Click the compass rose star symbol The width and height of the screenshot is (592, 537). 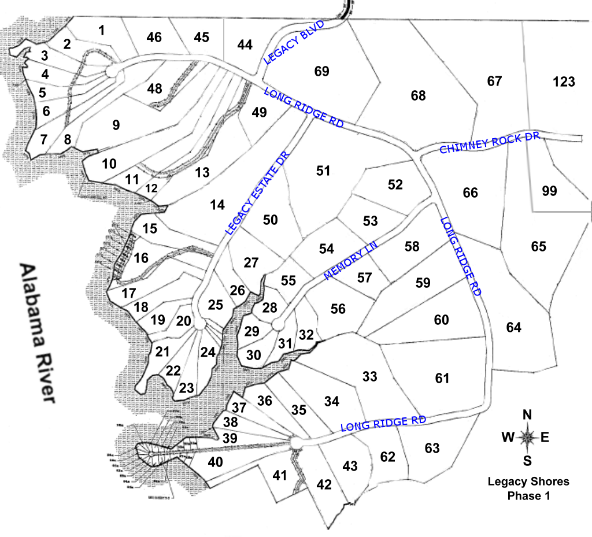click(x=527, y=437)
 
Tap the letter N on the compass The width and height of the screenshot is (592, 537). click(x=527, y=414)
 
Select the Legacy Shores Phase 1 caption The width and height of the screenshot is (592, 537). click(x=528, y=488)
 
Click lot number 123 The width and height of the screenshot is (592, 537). click(x=564, y=82)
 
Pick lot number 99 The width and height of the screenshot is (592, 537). click(x=549, y=190)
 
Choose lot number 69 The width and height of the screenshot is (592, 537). click(x=321, y=71)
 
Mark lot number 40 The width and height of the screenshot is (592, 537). click(x=215, y=462)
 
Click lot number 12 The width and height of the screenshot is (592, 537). click(x=151, y=188)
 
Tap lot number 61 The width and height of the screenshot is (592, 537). click(x=442, y=378)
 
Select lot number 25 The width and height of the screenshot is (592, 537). click(x=216, y=305)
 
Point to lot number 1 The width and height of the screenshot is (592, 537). click(x=102, y=31)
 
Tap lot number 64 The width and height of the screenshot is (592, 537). click(x=513, y=328)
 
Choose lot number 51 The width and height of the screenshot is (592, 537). click(x=323, y=171)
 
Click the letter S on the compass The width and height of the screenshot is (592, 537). click(x=527, y=460)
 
